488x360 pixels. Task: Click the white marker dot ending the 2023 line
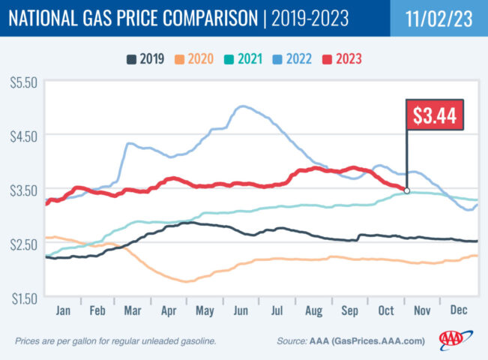(407, 190)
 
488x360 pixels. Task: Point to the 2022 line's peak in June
(241, 106)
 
